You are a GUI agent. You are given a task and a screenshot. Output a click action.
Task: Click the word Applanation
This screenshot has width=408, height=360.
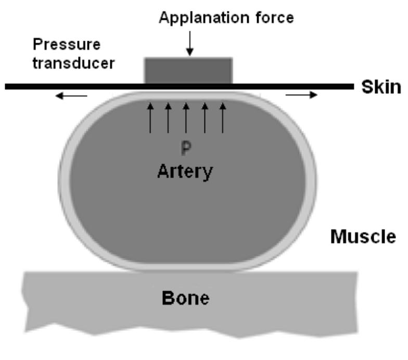[203, 19]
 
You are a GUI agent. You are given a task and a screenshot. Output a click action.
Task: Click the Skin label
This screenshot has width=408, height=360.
[381, 86]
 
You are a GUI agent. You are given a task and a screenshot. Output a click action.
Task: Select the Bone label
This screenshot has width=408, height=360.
[186, 298]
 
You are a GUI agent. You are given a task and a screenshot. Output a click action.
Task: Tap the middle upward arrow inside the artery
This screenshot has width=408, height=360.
[186, 118]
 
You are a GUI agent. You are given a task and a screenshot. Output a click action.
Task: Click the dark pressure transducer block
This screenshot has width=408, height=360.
[188, 70]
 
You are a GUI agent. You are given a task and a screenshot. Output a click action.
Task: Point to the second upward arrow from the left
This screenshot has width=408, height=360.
[168, 118]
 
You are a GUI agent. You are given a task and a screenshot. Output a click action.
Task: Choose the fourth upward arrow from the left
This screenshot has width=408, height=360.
[205, 118]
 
